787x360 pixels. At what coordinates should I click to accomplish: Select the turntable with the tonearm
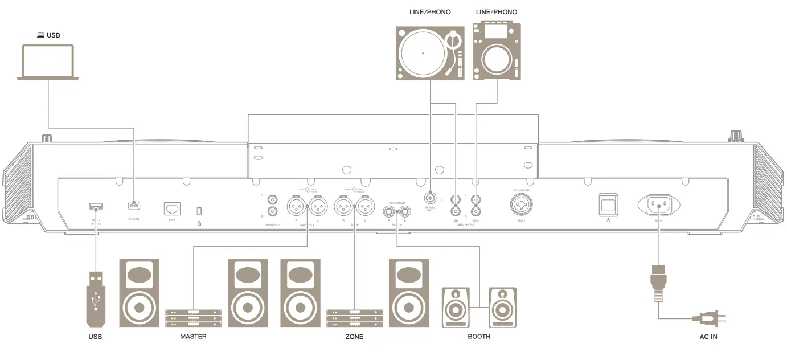[x=431, y=53]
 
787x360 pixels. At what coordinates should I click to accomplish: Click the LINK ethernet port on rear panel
[x=172, y=208]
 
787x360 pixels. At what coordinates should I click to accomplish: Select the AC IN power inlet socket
[x=659, y=204]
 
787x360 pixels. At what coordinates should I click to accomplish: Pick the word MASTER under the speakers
[x=193, y=337]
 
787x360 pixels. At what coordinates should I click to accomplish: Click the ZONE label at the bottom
[x=354, y=337]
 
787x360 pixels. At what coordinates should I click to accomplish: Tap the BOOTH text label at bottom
[x=478, y=337]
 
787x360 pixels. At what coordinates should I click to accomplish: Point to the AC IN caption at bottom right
[x=708, y=337]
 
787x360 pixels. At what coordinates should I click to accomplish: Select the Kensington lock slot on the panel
[x=199, y=211]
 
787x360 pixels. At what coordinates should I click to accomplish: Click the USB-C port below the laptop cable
[x=134, y=204]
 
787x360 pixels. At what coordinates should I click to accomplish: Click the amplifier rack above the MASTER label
[x=193, y=318]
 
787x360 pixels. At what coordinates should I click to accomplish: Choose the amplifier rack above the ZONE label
[x=354, y=318]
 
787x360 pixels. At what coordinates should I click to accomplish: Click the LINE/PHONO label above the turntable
[x=430, y=12]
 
